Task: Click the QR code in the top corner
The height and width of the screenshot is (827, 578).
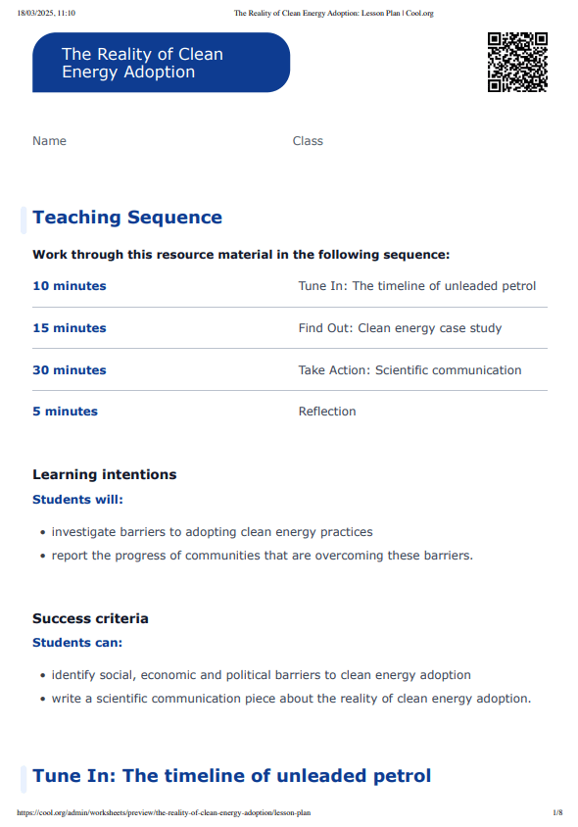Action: coord(517,62)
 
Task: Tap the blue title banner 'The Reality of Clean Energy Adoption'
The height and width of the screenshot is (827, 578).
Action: coord(161,63)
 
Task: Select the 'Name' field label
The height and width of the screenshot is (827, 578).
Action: coord(49,141)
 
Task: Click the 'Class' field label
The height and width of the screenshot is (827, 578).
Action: coord(308,141)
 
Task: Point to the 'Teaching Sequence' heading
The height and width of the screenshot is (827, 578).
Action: coord(127,218)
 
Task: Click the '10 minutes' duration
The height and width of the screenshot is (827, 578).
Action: coord(70,286)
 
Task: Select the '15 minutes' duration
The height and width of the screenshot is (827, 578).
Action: coord(70,328)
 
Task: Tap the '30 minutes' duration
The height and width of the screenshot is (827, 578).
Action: coord(70,370)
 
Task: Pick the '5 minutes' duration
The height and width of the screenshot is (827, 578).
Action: coord(65,412)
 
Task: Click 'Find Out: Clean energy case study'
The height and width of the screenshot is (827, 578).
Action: coord(400,328)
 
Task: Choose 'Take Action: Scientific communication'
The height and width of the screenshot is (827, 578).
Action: coord(409,370)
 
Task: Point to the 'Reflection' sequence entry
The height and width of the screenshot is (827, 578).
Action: coord(327,412)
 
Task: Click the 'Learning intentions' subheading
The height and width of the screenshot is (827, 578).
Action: coord(105,474)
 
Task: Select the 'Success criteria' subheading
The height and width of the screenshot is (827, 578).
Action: coord(90,618)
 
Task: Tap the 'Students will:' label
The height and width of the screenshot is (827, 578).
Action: coord(77,499)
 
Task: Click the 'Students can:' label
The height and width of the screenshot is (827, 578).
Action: coord(77,643)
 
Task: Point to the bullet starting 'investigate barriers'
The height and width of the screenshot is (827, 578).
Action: coord(212,532)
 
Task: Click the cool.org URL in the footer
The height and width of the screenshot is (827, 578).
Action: coord(164,813)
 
